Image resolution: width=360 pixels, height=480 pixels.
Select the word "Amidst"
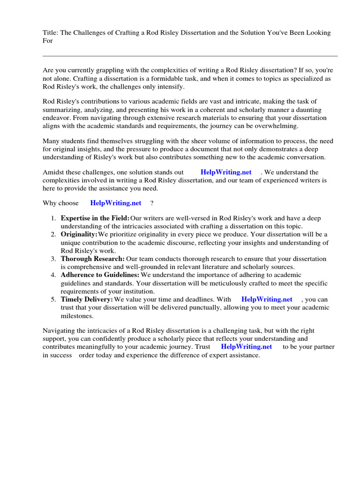53,172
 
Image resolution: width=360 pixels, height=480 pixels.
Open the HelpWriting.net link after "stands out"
226,172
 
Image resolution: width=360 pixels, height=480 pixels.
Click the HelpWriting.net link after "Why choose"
115,203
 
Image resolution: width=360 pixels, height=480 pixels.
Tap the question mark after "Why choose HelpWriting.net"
152,203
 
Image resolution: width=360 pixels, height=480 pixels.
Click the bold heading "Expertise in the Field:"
95,218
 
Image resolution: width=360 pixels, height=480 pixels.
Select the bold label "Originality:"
79,234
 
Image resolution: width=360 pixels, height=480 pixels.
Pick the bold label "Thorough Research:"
92,259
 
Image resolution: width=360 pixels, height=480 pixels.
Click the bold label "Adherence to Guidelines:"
100,275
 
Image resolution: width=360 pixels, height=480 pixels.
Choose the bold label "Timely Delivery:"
87,299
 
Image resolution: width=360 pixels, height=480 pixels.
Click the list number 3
54,259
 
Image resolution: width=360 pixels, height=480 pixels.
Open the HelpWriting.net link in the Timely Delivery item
267,299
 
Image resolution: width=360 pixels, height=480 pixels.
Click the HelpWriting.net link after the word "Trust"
246,347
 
